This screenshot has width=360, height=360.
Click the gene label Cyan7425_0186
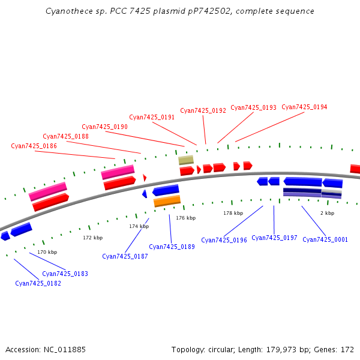[34, 146]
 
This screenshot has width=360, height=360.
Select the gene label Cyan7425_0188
[66, 137]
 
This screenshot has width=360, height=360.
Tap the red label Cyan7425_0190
[105, 127]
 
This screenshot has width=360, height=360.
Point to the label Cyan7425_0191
[152, 118]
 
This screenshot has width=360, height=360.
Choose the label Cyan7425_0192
[203, 111]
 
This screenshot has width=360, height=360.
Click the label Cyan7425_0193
[254, 108]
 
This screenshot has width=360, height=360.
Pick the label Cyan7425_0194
[305, 107]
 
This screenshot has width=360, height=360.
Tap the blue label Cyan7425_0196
[224, 241]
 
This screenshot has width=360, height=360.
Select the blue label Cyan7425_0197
[275, 238]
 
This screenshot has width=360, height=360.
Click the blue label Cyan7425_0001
[325, 240]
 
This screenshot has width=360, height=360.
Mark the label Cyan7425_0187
[125, 257]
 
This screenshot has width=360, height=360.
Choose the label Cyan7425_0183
[65, 274]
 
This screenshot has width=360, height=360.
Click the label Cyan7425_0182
[38, 284]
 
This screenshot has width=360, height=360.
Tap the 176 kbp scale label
[186, 218]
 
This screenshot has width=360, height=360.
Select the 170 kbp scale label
[47, 253]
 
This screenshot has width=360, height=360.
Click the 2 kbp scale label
[327, 214]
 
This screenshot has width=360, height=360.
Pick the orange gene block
[167, 201]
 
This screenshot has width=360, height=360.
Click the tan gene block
[186, 160]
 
